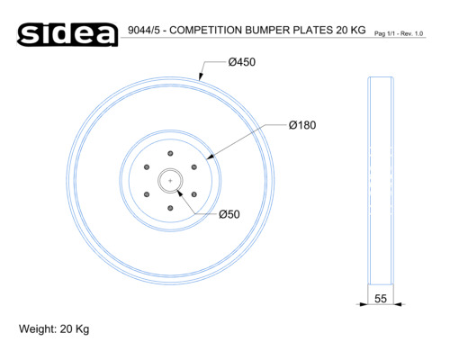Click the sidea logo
pyautogui.click(x=67, y=34)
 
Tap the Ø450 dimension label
pyautogui.click(x=242, y=62)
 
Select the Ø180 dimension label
pyautogui.click(x=302, y=125)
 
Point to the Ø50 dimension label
pyautogui.click(x=229, y=214)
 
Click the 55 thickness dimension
pyautogui.click(x=381, y=299)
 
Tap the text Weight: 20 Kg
pyautogui.click(x=54, y=329)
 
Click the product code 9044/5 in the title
pyautogui.click(x=144, y=30)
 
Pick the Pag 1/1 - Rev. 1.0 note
pyautogui.click(x=399, y=33)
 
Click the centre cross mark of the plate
pyautogui.click(x=170, y=181)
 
